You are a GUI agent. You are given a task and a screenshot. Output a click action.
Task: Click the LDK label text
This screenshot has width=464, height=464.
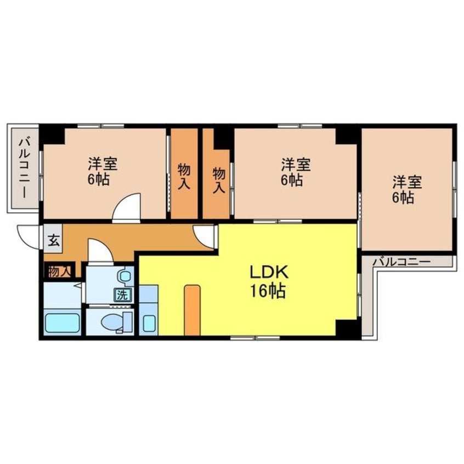tap(269, 272)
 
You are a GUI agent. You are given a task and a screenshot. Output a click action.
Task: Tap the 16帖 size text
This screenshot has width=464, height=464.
tap(268, 291)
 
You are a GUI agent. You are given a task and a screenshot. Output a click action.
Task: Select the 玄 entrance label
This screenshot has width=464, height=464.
tap(54, 240)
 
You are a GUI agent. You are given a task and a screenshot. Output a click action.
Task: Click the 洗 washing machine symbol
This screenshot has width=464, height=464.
tap(122, 295)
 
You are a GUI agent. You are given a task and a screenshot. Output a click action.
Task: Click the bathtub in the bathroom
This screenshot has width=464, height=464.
tap(62, 323)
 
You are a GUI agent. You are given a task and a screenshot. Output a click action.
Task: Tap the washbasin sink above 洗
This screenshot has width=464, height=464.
tap(126, 276)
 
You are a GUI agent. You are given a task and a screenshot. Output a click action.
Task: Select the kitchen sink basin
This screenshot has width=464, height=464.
tap(149, 323)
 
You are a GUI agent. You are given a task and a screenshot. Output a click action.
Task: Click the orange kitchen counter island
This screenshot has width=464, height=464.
tap(192, 310)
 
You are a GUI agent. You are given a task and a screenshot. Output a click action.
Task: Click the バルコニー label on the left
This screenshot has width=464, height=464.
tap(24, 168)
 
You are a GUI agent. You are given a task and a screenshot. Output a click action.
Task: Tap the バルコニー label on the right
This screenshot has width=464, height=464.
tap(401, 262)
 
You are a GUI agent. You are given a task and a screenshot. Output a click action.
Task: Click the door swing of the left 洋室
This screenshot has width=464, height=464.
tap(126, 207)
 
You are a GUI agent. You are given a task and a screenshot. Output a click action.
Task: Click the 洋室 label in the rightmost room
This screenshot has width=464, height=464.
tap(407, 182)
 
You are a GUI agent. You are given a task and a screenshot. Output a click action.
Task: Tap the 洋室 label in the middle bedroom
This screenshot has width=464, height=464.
tap(296, 165)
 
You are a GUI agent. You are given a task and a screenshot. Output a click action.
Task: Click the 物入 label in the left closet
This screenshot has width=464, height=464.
tap(184, 177)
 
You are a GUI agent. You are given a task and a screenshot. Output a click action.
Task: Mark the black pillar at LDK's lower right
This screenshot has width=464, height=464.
tap(346, 328)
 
